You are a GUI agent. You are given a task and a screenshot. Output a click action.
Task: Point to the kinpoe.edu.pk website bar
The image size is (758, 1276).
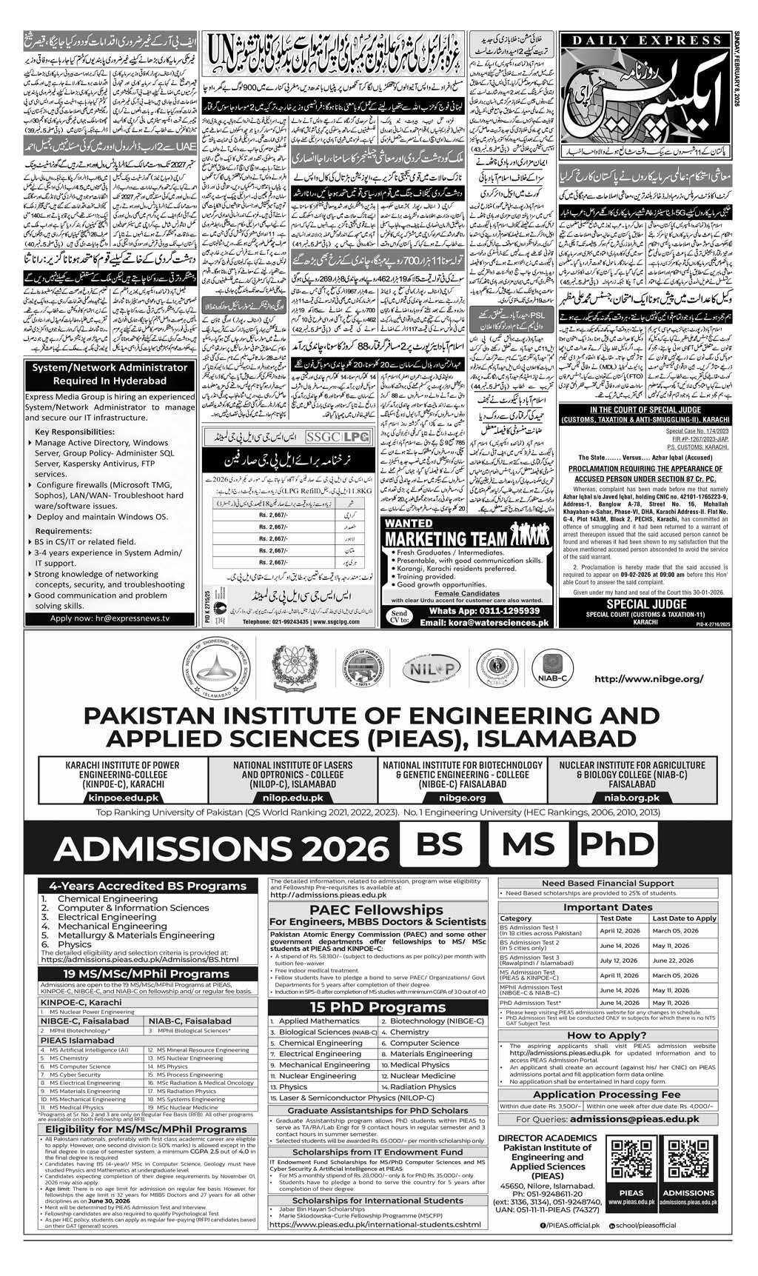(x=123, y=797)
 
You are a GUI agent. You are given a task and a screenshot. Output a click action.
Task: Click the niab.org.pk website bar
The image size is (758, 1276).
(x=631, y=797)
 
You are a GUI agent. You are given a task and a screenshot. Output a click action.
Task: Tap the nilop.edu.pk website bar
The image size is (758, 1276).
(x=293, y=797)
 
